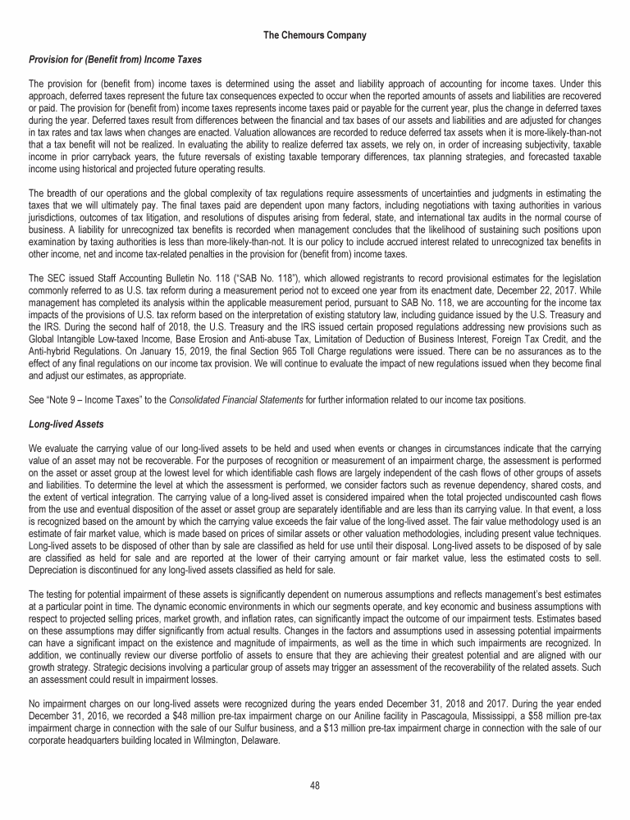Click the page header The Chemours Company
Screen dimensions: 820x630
coord(315,35)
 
